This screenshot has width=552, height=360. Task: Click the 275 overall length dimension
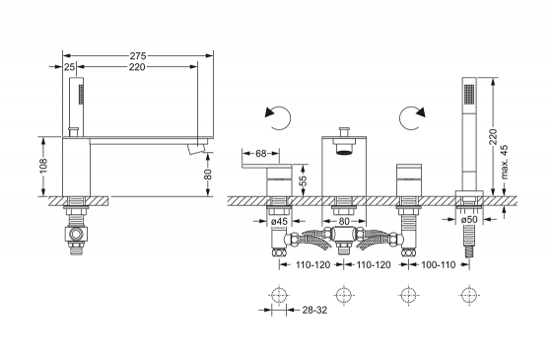(x=138, y=55)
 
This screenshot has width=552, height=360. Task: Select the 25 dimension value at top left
(x=70, y=67)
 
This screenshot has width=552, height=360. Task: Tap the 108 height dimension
(x=43, y=166)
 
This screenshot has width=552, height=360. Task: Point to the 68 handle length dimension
(x=260, y=154)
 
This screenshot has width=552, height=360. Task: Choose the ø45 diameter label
(x=280, y=221)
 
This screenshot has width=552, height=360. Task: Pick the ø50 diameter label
(x=469, y=219)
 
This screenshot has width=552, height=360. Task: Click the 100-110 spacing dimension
(x=439, y=264)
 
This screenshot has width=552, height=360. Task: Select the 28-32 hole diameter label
(x=314, y=310)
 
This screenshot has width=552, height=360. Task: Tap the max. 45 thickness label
(x=504, y=162)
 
